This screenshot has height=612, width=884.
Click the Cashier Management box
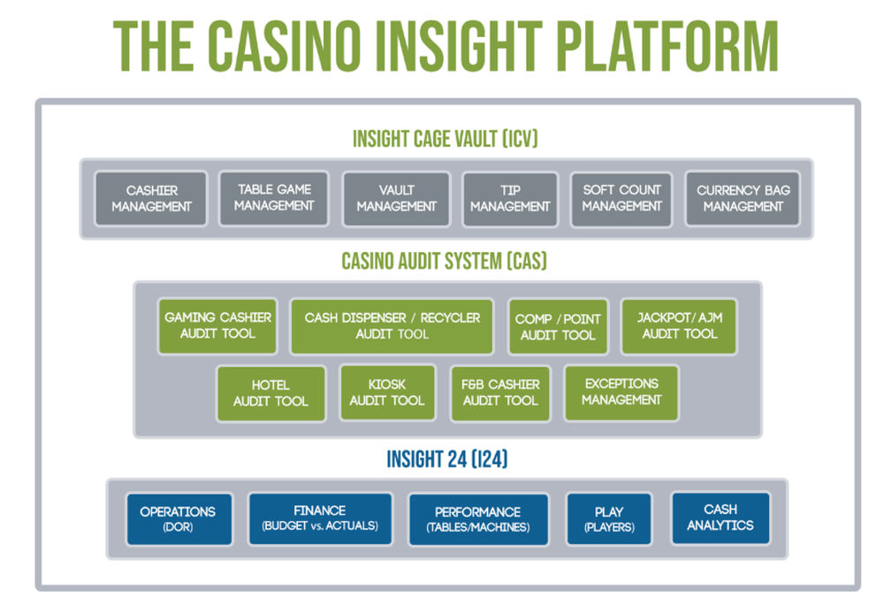151,199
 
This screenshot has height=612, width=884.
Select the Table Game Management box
274,198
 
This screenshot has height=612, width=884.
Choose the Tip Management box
510,199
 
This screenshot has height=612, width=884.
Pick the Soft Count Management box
621,199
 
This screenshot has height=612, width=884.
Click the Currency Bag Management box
743,199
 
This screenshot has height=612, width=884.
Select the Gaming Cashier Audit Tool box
217,326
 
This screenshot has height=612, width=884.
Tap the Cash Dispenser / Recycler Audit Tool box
392,326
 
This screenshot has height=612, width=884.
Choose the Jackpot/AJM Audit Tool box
679,326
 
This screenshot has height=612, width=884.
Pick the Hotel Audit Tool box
271,394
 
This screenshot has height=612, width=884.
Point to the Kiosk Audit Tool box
387,393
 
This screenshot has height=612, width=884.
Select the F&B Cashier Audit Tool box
500,393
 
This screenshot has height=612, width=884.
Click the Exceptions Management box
621,393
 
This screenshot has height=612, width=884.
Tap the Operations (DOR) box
178,518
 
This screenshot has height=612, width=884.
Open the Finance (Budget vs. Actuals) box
319,518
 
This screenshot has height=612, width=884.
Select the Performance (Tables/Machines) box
477,519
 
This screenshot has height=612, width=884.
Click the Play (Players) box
608,519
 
